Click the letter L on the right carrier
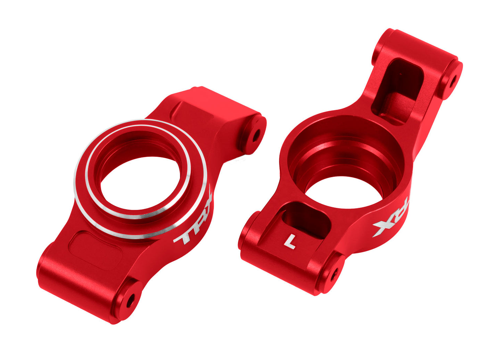(x=290, y=242)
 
